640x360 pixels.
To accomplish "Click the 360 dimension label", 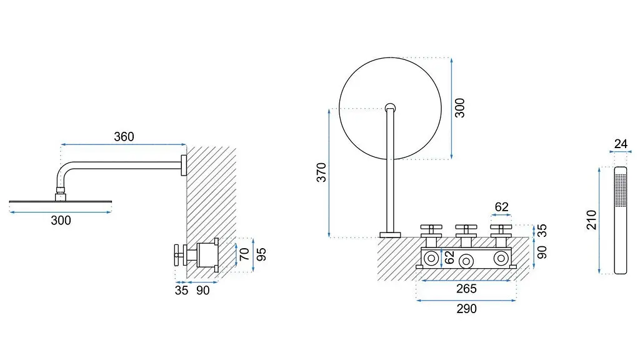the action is point(124,136).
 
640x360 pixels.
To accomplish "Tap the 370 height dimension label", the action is point(322,172).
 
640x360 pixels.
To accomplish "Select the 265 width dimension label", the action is point(466,289).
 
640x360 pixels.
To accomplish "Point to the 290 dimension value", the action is point(466,309).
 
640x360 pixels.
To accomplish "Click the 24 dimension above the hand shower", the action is point(621,144).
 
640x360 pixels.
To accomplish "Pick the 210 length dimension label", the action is point(591,219).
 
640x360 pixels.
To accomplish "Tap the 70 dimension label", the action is point(244,254).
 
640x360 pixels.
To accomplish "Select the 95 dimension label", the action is point(261,254).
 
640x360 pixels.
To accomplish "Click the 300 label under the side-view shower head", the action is point(61,221).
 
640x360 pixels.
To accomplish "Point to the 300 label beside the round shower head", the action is point(460,107).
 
